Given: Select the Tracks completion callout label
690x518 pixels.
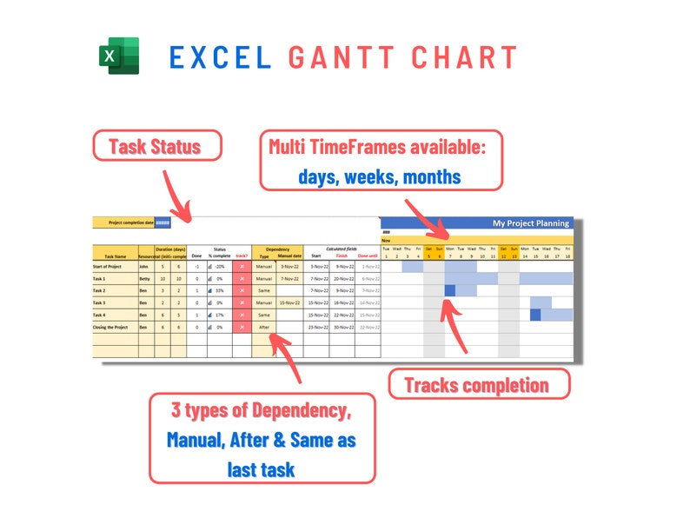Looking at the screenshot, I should click(476, 384).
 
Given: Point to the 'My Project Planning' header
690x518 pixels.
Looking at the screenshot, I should click(531, 223).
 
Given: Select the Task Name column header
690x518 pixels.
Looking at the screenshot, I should click(115, 256).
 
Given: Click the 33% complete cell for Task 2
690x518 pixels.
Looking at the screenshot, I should click(219, 290).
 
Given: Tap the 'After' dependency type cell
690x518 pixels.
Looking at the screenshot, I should click(264, 327).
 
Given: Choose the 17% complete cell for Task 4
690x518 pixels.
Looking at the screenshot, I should click(219, 315).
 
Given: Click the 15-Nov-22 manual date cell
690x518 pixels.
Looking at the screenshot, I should click(290, 302).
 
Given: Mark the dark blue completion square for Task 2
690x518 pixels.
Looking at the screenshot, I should click(449, 290).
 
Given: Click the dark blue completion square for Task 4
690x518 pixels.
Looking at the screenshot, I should click(535, 315).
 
